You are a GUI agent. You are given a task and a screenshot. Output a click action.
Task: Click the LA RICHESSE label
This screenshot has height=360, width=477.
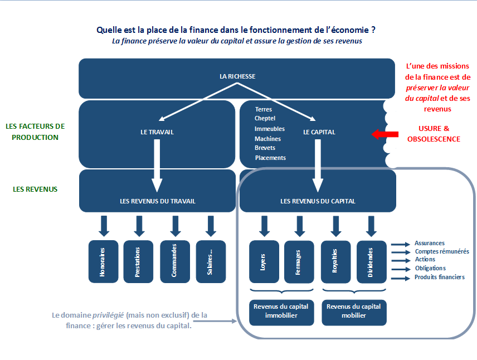[x=237, y=76]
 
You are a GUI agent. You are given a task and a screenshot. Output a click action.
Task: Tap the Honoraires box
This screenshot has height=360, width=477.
[x=104, y=262]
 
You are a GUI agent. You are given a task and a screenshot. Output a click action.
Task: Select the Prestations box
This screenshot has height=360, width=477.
[x=138, y=262]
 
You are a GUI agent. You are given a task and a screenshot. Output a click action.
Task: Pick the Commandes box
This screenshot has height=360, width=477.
[x=175, y=262]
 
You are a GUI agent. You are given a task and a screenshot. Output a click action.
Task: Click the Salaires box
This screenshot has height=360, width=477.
[x=211, y=262]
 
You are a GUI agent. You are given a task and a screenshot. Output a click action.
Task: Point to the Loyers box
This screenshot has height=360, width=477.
[x=264, y=262]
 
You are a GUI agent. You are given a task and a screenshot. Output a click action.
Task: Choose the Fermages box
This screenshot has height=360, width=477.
[x=299, y=262]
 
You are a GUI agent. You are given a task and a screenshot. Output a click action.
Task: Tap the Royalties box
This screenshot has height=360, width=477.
[x=336, y=262]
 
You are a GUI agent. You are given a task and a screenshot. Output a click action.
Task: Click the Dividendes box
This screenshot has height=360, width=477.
[x=372, y=262]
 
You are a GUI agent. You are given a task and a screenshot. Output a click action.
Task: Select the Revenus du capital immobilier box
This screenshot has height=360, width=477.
[x=281, y=313]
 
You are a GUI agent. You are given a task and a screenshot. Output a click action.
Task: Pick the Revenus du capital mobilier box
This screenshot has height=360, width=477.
[x=354, y=313]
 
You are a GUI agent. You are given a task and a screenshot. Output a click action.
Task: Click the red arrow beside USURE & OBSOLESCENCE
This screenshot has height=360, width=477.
[x=385, y=134]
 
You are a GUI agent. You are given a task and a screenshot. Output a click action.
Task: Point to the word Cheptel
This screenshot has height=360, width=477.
[x=265, y=118]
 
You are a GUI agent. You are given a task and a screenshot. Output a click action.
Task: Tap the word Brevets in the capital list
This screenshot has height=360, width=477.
[x=265, y=148]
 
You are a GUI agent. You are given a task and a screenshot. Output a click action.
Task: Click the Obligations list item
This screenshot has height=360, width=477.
[x=430, y=268]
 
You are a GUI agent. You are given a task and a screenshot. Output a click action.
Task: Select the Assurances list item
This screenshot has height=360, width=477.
[x=430, y=243]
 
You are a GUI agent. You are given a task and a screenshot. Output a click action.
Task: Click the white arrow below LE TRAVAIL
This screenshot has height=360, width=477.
[x=157, y=166]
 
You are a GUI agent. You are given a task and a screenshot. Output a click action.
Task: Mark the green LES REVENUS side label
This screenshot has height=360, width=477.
[x=35, y=189]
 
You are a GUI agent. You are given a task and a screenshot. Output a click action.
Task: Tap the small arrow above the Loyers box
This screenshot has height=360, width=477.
[x=264, y=226]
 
